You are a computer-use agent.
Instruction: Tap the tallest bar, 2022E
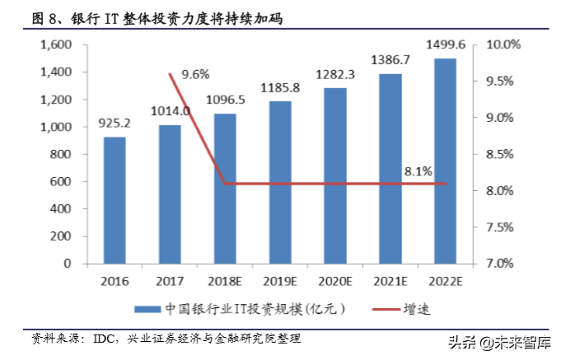pyautogui.click(x=444, y=161)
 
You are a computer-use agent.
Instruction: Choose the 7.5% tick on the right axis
pyautogui.click(x=499, y=227)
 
